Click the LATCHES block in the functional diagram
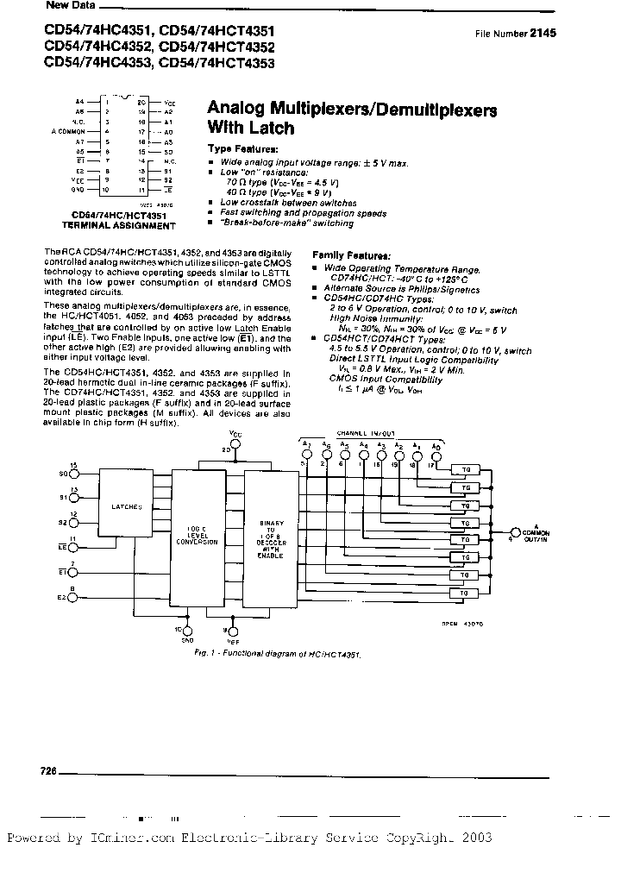click(131, 506)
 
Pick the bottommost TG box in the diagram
click(464, 594)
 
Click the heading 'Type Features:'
click(242, 149)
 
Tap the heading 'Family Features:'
click(350, 256)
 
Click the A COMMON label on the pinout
click(66, 131)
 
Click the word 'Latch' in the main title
click(273, 129)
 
